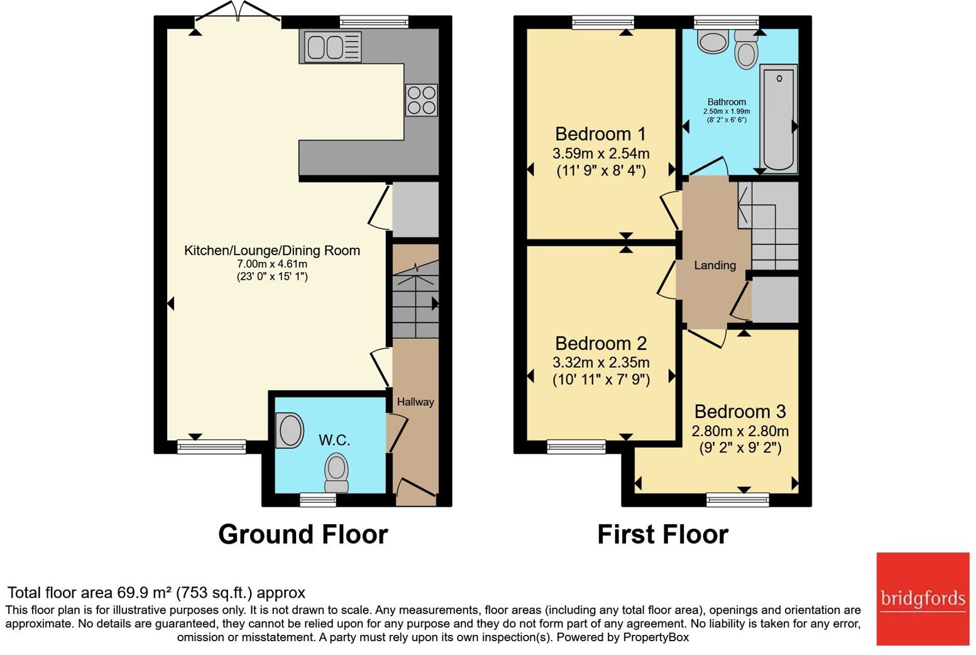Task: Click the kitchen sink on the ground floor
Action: point(332,48)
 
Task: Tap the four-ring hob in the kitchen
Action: point(421,100)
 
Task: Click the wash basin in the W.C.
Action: point(290,431)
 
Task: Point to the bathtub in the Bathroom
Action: point(779,118)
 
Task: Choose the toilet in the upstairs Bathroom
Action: point(746,50)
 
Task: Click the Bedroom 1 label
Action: point(600,134)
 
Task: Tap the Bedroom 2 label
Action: point(600,343)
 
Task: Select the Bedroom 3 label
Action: point(740,412)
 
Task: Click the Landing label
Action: point(715,265)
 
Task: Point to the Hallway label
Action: point(415,402)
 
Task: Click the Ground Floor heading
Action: point(303,534)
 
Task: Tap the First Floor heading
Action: point(662,534)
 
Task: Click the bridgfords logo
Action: point(923,598)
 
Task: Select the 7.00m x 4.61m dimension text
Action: point(271,264)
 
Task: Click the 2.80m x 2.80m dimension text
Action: point(740,431)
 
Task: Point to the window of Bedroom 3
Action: point(737,500)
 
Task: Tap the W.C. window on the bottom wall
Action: point(317,500)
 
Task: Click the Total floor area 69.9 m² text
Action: point(156,593)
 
